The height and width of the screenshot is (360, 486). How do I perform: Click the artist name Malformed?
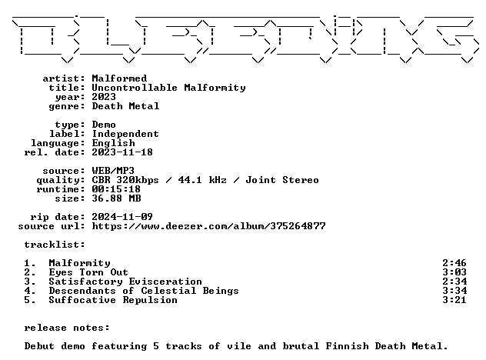tap(119, 78)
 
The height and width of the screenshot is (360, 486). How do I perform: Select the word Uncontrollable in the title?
tap(135, 88)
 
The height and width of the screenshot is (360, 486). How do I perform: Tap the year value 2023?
tap(104, 97)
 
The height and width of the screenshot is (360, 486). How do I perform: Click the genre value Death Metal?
tap(125, 106)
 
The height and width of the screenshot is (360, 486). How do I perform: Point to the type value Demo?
tap(104, 125)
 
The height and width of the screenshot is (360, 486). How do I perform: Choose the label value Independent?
tap(125, 134)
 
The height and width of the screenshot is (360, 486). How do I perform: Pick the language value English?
tap(114, 143)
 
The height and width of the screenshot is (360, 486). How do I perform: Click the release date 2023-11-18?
tap(122, 152)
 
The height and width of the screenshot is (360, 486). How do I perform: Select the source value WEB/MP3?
tap(113, 171)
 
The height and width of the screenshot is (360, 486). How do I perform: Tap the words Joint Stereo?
tap(282, 180)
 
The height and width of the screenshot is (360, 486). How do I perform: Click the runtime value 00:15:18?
tap(116, 189)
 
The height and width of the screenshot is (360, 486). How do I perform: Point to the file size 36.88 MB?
tap(117, 198)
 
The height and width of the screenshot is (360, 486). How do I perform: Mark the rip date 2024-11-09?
tap(122, 217)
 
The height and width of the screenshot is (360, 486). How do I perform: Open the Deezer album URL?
tap(209, 226)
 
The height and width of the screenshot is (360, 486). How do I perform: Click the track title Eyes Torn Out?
tap(88, 272)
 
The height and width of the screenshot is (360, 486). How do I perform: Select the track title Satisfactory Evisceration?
tap(125, 282)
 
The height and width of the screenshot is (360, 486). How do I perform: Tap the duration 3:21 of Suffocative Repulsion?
tap(454, 300)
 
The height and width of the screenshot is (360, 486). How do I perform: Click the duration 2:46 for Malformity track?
tap(454, 263)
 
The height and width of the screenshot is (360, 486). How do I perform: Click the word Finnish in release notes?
tap(347, 346)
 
